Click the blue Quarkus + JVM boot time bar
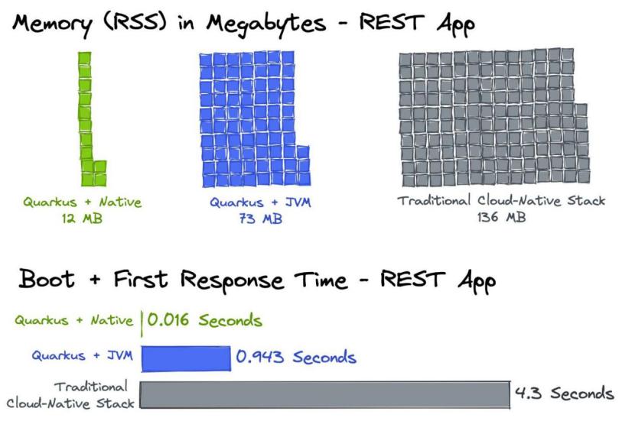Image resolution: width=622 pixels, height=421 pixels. coord(186,359)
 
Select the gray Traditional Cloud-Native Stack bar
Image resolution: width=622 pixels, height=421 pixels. coord(325,394)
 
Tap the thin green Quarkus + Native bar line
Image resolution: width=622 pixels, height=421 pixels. coord(142,323)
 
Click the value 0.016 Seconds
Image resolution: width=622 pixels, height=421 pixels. coord(205,320)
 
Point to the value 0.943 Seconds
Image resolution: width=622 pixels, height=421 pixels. coord(296,357)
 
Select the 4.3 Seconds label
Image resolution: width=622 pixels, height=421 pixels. coord(564,393)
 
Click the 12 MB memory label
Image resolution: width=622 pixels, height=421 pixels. coord(82,219)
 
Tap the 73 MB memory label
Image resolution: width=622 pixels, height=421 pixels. coord(261,219)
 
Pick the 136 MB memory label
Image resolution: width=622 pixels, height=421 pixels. coord(501,217)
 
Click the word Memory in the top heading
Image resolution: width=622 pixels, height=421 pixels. coord(52,24)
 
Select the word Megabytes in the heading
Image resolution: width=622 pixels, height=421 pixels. coord(266,24)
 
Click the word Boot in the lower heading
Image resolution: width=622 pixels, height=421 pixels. coord(47,278)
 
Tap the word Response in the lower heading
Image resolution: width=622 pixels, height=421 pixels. coord(232,280)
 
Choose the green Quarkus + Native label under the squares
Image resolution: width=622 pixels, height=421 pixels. coord(82,202)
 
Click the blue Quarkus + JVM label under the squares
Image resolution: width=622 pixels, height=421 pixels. coord(261,202)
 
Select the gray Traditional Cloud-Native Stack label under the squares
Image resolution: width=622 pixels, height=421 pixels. coord(501,200)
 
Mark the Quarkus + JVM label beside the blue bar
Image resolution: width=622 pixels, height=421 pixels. coord(83,355)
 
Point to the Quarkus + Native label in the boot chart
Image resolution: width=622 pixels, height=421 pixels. coord(73,320)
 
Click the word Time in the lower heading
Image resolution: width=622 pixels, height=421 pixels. coord(321,280)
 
